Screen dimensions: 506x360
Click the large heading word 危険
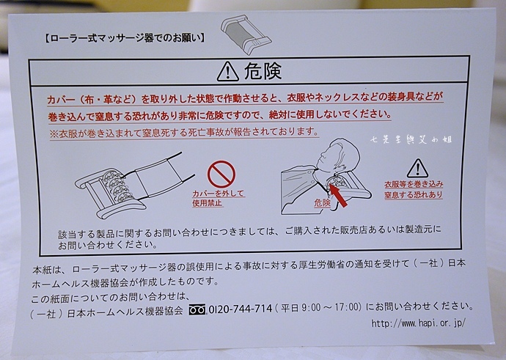263,71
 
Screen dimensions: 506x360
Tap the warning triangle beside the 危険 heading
228,72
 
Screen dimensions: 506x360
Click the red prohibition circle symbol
221,175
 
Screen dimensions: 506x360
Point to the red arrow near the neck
338,196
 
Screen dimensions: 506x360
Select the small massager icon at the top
246,34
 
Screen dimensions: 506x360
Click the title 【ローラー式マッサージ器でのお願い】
124,38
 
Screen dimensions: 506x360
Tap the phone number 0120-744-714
241,309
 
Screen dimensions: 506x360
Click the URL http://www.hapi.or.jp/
419,323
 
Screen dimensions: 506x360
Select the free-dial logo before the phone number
197,309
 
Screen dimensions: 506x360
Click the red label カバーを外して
219,194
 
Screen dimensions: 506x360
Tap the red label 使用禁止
208,203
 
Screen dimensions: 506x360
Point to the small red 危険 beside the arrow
323,202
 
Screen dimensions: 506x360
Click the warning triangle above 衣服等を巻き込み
417,169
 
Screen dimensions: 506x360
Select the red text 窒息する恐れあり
414,195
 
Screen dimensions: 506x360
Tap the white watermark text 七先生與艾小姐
411,139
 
